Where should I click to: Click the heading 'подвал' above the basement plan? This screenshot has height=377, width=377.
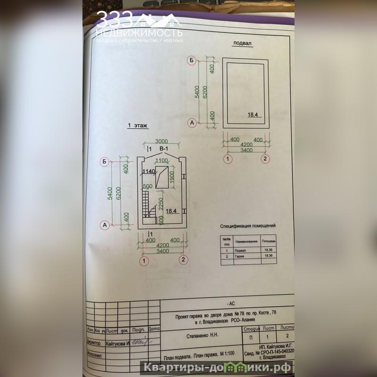pyautogui.click(x=243, y=44)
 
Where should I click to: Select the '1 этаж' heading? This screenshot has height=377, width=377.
pyautogui.click(x=138, y=126)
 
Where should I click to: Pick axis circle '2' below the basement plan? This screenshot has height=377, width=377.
pyautogui.click(x=266, y=159)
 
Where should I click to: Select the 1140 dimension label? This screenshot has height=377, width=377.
pyautogui.click(x=149, y=171)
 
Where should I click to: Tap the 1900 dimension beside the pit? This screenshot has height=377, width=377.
pyautogui.click(x=172, y=177)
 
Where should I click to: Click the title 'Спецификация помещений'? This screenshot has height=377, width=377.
pyautogui.click(x=248, y=226)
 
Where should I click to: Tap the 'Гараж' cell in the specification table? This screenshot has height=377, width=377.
pyautogui.click(x=240, y=256)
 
